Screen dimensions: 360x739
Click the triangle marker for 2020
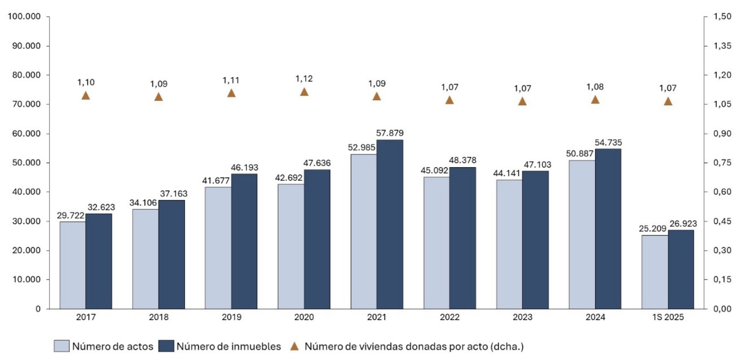(304, 92)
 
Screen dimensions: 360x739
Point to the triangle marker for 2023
(522, 101)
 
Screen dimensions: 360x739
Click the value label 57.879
(390, 133)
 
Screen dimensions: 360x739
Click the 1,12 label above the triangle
(304, 78)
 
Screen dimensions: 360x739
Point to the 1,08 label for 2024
(595, 87)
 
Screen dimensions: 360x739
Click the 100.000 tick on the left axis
(24, 17)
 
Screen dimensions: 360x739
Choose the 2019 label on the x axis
(231, 317)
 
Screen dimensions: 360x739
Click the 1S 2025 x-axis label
(668, 317)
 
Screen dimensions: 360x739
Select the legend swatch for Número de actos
(61, 346)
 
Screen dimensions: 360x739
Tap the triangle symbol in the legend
(294, 346)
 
